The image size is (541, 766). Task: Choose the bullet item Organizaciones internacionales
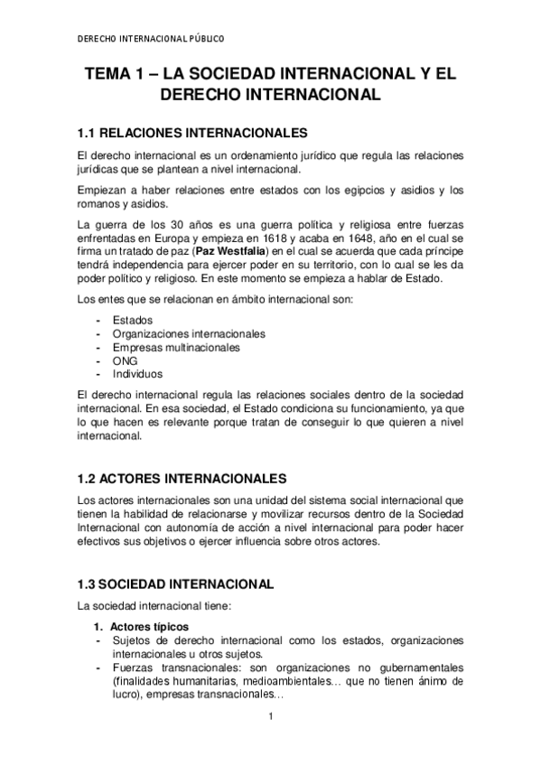(189, 333)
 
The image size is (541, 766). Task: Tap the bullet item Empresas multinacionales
(176, 347)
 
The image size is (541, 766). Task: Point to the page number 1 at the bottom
(270, 718)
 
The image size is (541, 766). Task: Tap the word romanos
(101, 203)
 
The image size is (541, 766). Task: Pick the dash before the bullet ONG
(98, 360)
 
